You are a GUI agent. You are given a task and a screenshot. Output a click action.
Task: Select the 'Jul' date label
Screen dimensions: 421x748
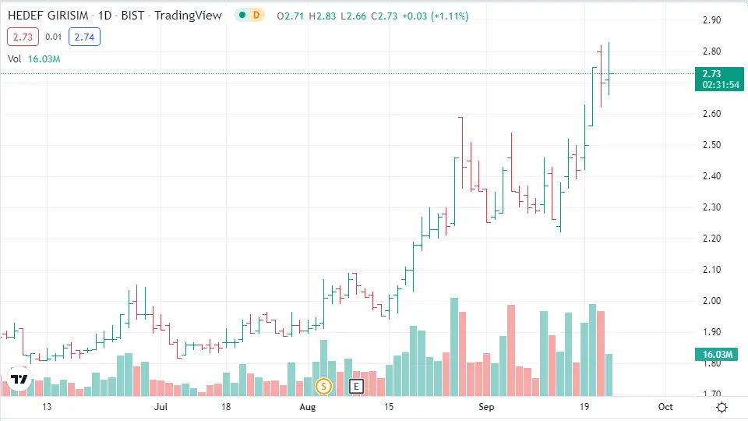tap(161, 407)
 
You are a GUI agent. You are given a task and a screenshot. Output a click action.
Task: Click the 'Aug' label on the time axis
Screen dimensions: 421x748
tap(309, 407)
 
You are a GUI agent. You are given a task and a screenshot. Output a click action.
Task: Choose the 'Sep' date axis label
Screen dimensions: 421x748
tap(487, 407)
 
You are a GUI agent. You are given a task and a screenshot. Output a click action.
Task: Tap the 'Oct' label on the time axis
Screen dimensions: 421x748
tap(665, 407)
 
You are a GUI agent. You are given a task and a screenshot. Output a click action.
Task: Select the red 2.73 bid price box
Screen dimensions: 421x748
tap(23, 36)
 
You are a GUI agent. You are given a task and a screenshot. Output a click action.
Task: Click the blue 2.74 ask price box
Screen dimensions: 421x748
tap(84, 36)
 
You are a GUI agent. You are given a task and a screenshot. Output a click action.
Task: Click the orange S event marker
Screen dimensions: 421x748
tap(323, 385)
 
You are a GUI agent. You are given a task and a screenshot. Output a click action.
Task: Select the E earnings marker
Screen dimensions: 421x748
tap(357, 385)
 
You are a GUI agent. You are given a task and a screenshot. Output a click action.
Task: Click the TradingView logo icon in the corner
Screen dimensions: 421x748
tap(19, 380)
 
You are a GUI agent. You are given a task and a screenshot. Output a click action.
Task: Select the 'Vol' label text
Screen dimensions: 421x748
tap(15, 58)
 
